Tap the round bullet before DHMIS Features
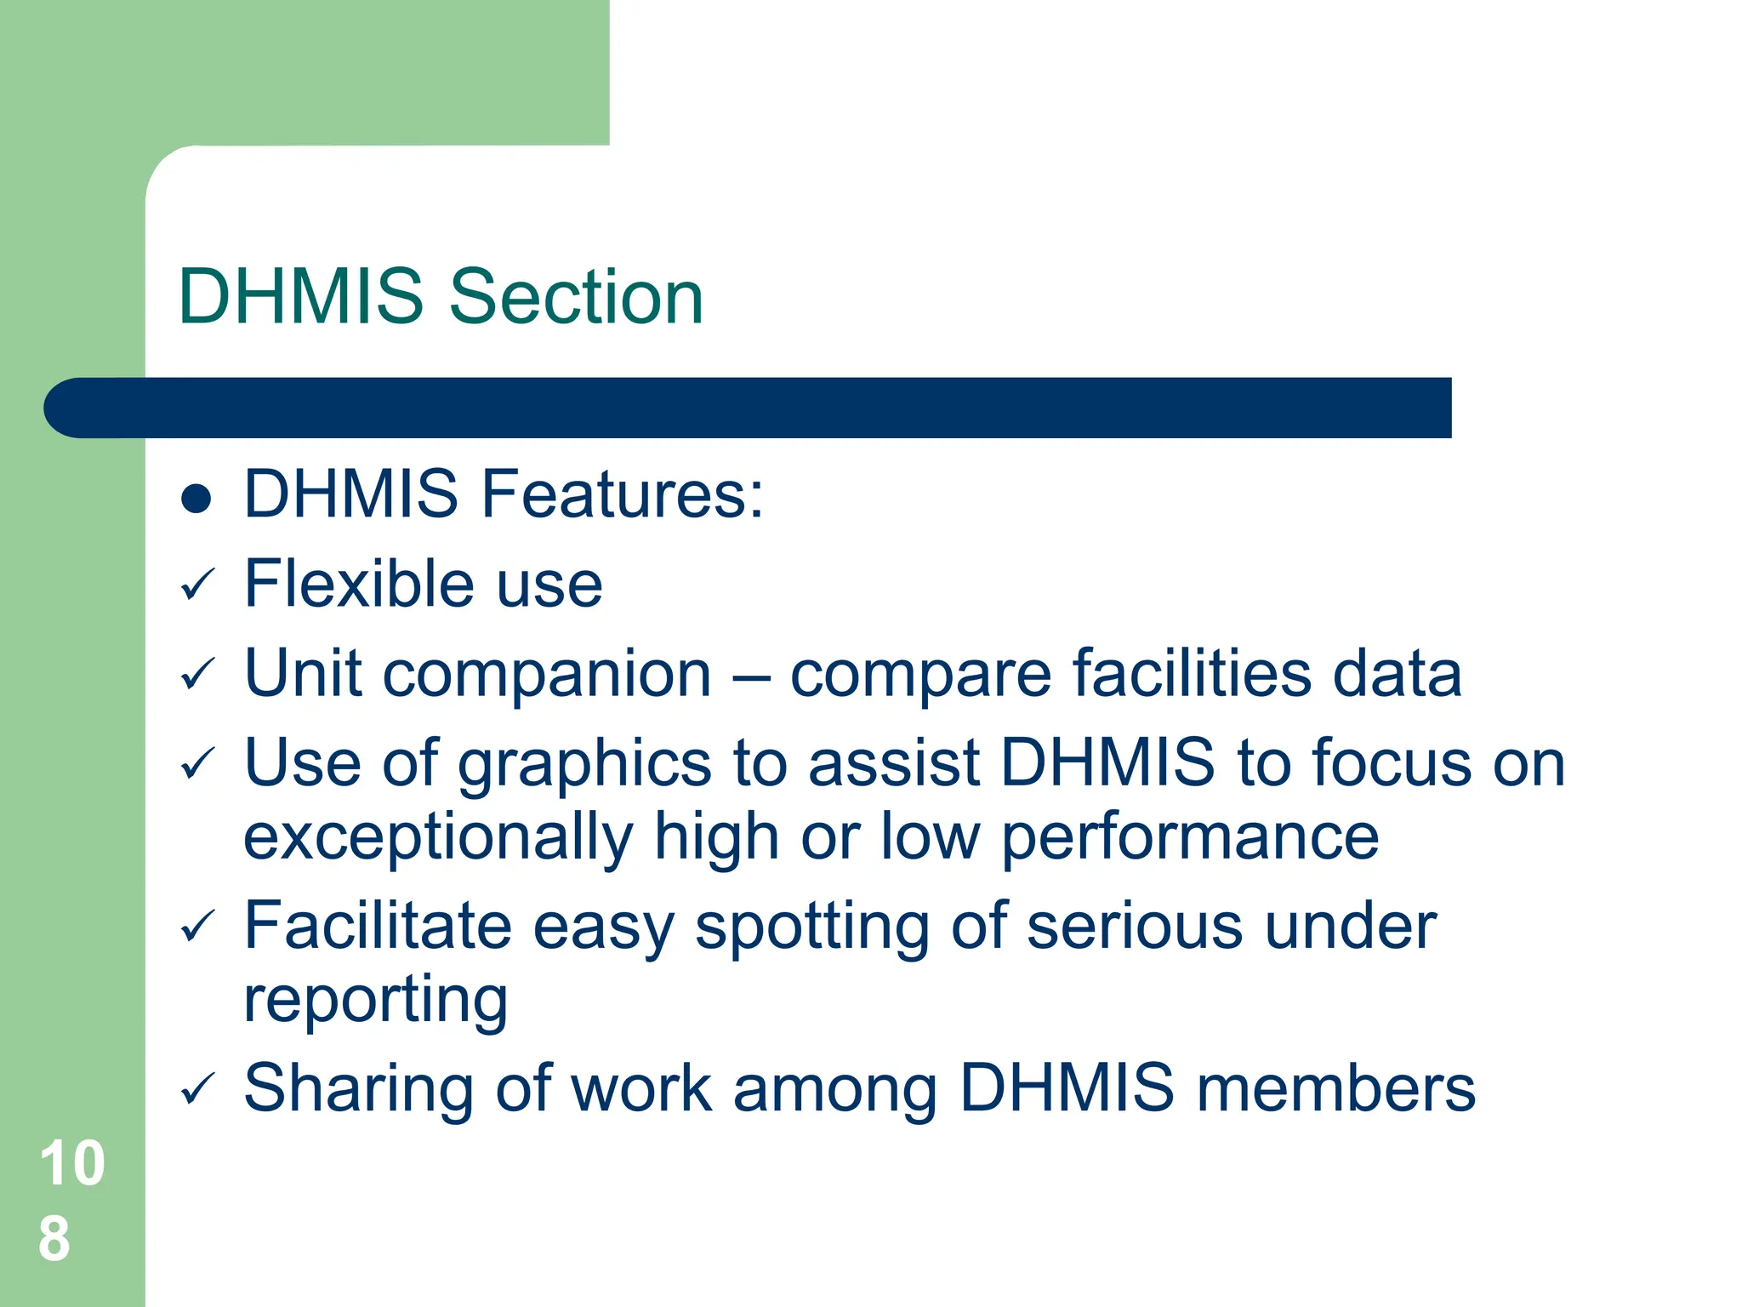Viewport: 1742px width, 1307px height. [196, 499]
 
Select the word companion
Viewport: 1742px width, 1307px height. [547, 675]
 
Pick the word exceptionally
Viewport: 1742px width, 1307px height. [439, 838]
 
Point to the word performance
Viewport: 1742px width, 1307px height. [1190, 838]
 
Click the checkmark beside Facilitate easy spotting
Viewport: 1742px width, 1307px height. [198, 927]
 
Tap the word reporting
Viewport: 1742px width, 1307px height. [375, 1000]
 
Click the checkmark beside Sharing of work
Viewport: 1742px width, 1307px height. [198, 1089]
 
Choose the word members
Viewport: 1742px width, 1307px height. [1336, 1088]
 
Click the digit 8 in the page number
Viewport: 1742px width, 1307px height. [54, 1239]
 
